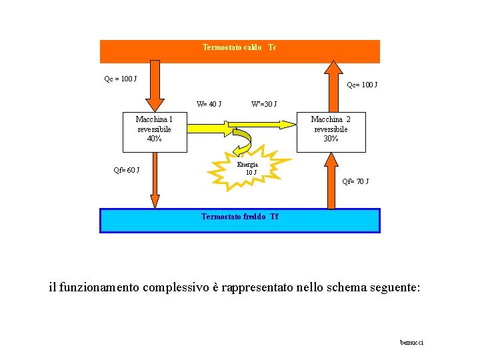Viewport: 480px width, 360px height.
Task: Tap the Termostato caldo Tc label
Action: coord(239,47)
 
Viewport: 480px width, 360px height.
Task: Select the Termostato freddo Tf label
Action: coord(239,217)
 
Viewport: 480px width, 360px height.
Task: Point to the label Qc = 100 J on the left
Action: coord(121,79)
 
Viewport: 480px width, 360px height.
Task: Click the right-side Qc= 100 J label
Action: coord(362,85)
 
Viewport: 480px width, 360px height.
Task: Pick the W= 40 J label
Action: coord(209,104)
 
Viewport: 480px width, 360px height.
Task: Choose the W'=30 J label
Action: coord(264,104)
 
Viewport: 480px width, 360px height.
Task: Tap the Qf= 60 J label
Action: coord(126,170)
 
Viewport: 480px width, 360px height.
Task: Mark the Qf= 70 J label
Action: coord(355,181)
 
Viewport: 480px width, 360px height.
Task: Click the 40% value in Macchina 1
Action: coord(154,139)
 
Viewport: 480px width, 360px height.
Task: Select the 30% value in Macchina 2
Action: coord(331,139)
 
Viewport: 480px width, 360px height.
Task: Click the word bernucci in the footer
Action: coord(411,343)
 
